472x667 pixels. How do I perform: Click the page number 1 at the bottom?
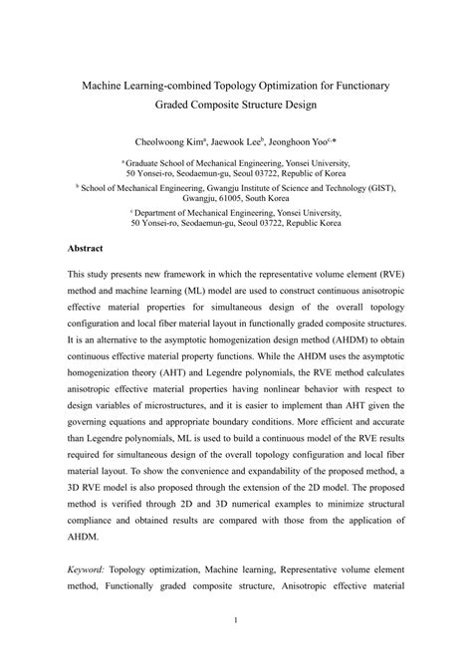tap(236, 649)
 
